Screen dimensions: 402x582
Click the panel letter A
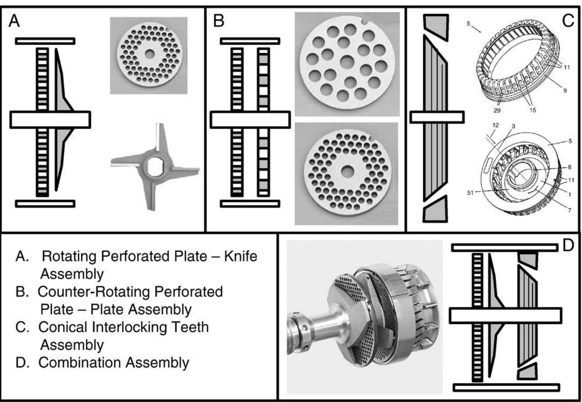pyautogui.click(x=14, y=21)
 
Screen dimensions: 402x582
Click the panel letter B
pyautogui.click(x=218, y=21)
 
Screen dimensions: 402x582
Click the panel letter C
pyautogui.click(x=568, y=21)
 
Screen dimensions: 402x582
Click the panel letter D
pyautogui.click(x=568, y=245)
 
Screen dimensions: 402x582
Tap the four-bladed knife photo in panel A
pyautogui.click(x=155, y=167)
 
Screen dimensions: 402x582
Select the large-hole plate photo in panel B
pyautogui.click(x=347, y=64)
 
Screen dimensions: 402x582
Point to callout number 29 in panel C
pyautogui.click(x=497, y=110)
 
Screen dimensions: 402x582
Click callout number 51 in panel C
pyautogui.click(x=470, y=193)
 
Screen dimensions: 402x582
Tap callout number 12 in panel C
pyautogui.click(x=495, y=125)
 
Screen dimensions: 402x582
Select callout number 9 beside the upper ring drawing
pyautogui.click(x=565, y=90)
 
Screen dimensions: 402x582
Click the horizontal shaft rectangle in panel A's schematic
pyautogui.click(x=50, y=120)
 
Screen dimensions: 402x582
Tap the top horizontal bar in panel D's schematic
pyautogui.click(x=505, y=247)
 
